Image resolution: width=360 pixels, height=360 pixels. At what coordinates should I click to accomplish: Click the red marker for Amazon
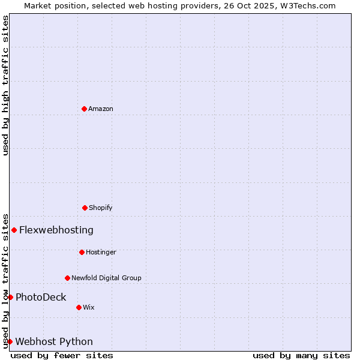point(84,109)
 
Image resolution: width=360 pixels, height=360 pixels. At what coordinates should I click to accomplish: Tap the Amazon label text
point(101,109)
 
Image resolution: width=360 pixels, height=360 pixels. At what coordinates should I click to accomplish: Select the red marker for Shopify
point(85,208)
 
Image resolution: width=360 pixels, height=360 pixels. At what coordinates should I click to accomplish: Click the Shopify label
point(101,208)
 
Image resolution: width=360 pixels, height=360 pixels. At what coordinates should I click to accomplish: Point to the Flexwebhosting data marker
point(14,230)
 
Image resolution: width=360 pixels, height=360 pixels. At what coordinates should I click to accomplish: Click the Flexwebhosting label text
point(56,230)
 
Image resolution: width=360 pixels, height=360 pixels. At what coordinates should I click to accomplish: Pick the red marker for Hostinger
point(82,252)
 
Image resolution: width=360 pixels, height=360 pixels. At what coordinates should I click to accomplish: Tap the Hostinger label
point(101,252)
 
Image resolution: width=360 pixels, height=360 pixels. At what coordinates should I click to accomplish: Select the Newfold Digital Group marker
point(67,278)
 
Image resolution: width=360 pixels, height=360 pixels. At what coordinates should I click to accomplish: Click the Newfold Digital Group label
point(106,278)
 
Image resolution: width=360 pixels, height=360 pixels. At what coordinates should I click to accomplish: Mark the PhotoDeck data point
point(10,297)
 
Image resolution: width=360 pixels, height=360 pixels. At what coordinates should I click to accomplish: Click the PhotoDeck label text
point(41,297)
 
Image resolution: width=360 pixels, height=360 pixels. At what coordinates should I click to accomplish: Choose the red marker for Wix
point(79,307)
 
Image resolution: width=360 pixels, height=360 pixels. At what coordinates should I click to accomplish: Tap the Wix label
point(89,307)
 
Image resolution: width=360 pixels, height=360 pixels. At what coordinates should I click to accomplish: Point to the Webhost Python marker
point(10,341)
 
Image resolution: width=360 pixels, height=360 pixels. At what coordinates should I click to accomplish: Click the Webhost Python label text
point(54,341)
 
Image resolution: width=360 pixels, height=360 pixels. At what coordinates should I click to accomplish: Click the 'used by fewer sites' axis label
point(62,355)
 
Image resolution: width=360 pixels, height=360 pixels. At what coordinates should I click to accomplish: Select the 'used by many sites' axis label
point(301,355)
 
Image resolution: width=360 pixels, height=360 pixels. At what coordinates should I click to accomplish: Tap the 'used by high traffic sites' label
point(5,85)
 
